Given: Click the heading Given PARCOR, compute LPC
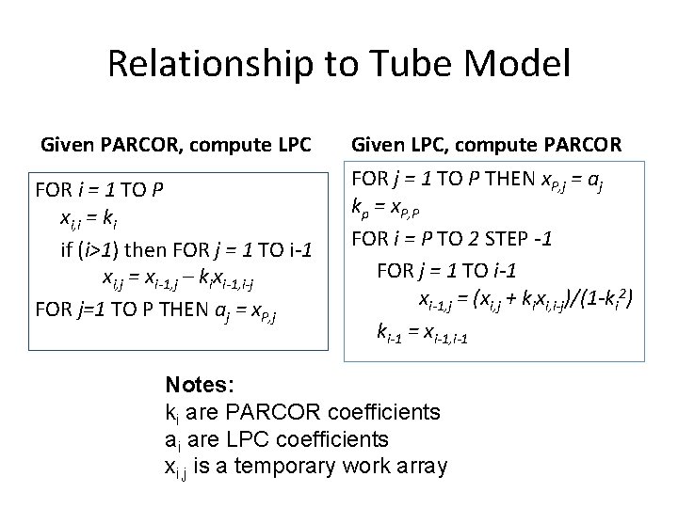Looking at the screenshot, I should click(176, 146).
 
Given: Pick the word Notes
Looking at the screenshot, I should click(201, 385).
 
